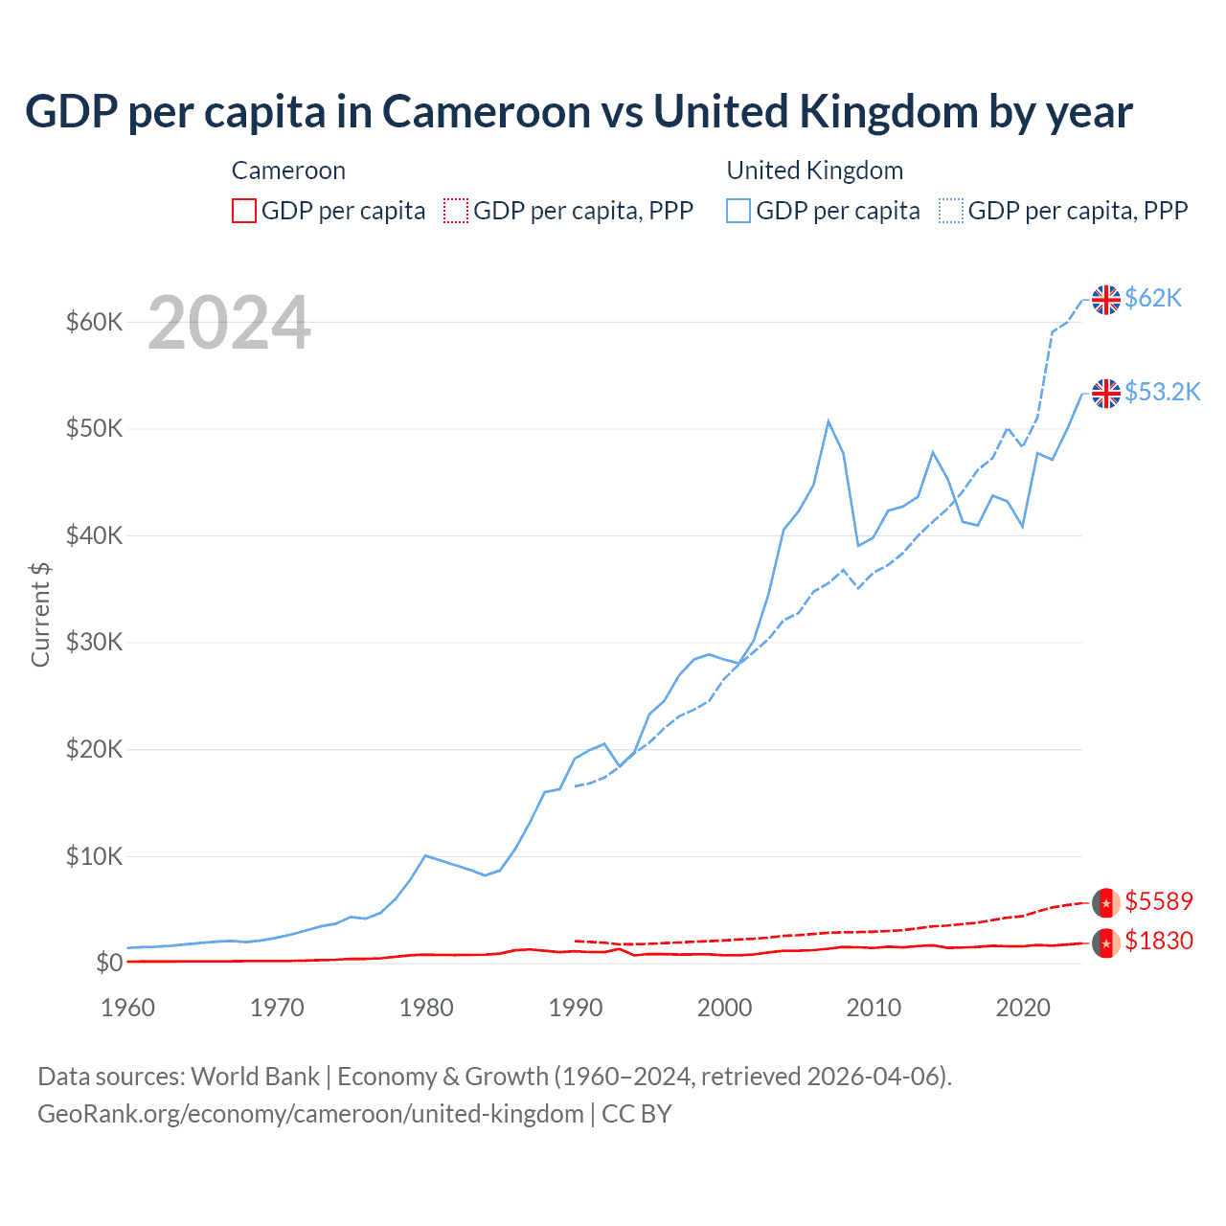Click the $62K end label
coord(1153,298)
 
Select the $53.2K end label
coord(1162,392)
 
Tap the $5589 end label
coord(1159,901)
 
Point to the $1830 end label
coord(1159,941)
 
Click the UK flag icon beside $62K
coord(1106,299)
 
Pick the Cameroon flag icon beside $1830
coord(1106,942)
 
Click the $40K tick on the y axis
coord(94,535)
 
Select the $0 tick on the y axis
coord(108,963)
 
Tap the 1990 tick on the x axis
coord(576,1008)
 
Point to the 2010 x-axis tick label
coord(874,1008)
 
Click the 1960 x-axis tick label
coord(127,1008)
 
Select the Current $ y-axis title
coord(40,614)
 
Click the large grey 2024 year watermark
coord(229,323)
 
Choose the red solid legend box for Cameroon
coord(244,211)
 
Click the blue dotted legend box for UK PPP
coord(951,211)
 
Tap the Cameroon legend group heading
coord(288,170)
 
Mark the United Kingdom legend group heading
coord(814,170)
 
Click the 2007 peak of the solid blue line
coord(829,421)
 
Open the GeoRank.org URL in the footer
coord(310,1114)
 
